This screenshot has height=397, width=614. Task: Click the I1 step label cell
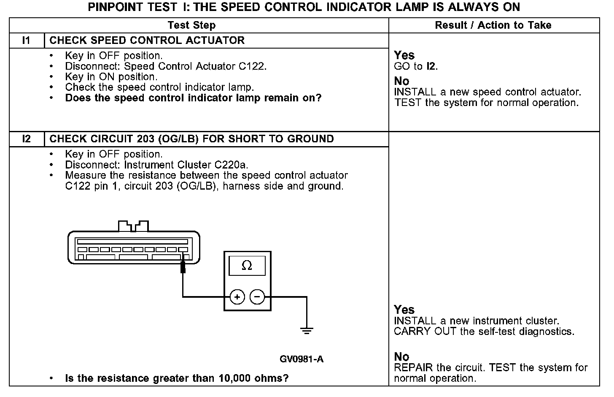[x=27, y=41]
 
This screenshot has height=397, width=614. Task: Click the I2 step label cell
[x=27, y=139]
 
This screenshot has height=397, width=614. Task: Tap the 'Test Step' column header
[x=191, y=25]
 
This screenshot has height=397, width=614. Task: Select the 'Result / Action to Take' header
[x=493, y=25]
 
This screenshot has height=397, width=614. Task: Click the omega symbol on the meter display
[x=247, y=266]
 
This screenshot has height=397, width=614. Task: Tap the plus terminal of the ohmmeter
[x=237, y=297]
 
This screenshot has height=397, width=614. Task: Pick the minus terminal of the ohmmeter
[x=257, y=297]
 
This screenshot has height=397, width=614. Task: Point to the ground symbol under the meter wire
[x=307, y=330]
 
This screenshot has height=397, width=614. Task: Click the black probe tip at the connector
[x=183, y=266]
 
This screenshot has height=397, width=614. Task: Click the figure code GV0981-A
[x=302, y=359]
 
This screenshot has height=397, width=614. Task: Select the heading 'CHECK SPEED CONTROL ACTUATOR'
[x=147, y=41]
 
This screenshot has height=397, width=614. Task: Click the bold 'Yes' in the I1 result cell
[x=404, y=55]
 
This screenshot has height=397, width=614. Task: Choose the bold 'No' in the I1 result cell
[x=401, y=81]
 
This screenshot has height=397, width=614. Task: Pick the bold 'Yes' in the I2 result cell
[x=404, y=310]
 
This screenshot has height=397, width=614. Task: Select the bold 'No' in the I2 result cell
[x=401, y=357]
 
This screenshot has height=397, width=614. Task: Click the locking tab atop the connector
[x=133, y=226]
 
